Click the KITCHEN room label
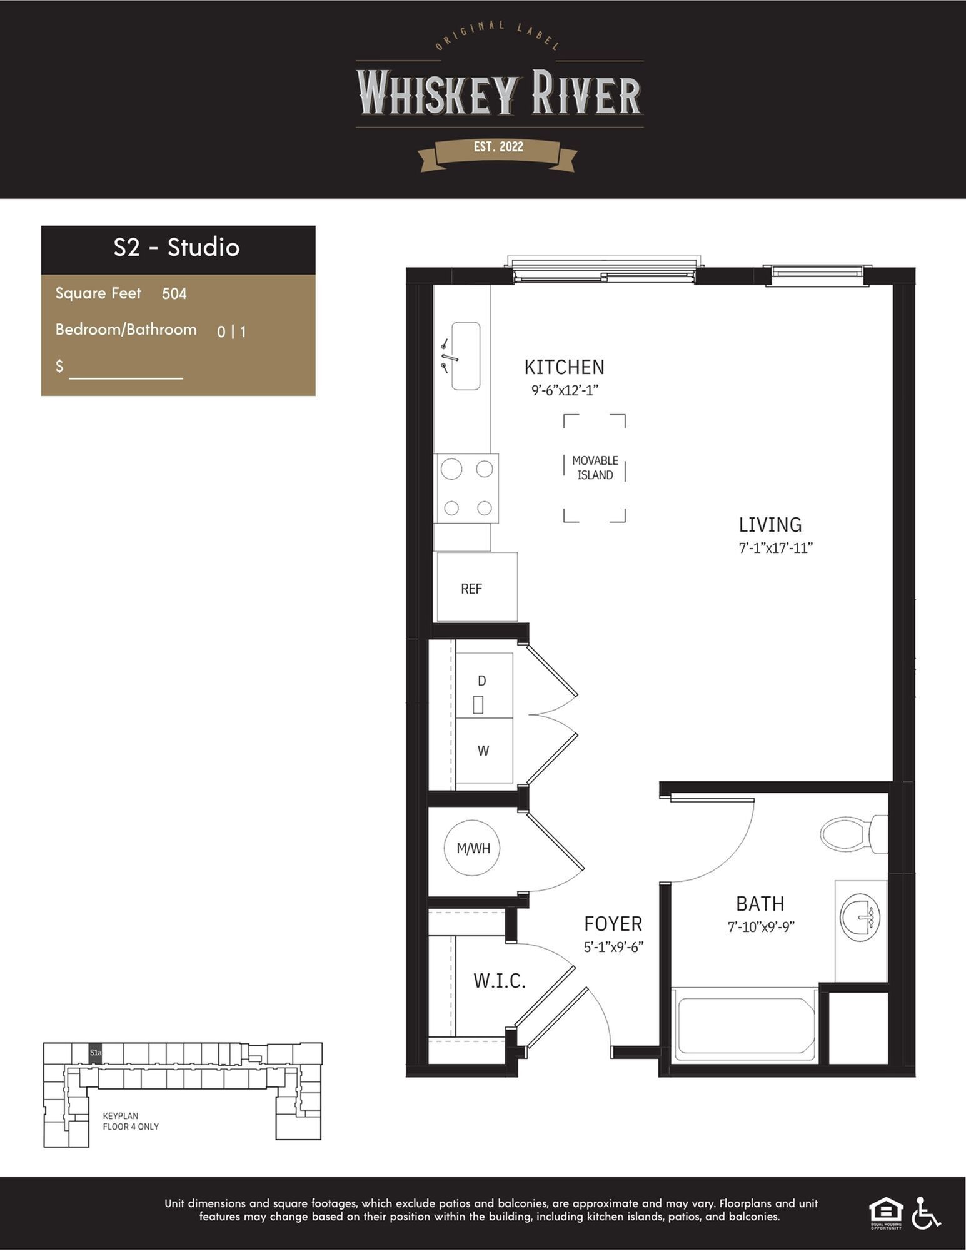click(564, 367)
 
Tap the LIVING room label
click(770, 524)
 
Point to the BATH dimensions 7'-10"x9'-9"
click(761, 926)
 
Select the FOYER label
click(613, 923)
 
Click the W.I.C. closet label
click(500, 981)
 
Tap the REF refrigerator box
click(477, 587)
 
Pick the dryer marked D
click(485, 686)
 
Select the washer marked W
click(485, 751)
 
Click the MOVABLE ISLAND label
click(595, 468)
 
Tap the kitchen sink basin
click(466, 357)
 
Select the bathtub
click(744, 1025)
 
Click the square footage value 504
click(174, 293)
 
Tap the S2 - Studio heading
click(177, 248)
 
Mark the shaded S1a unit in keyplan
click(95, 1053)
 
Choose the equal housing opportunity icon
click(887, 1214)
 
